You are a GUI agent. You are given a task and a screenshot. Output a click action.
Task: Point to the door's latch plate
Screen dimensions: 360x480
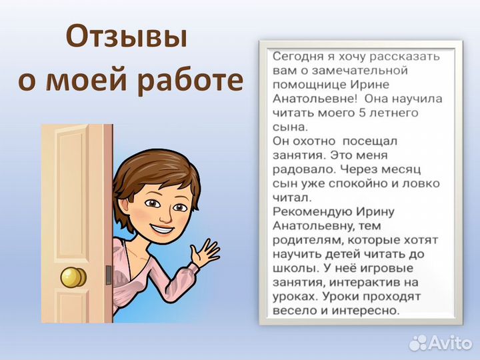(108, 275)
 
